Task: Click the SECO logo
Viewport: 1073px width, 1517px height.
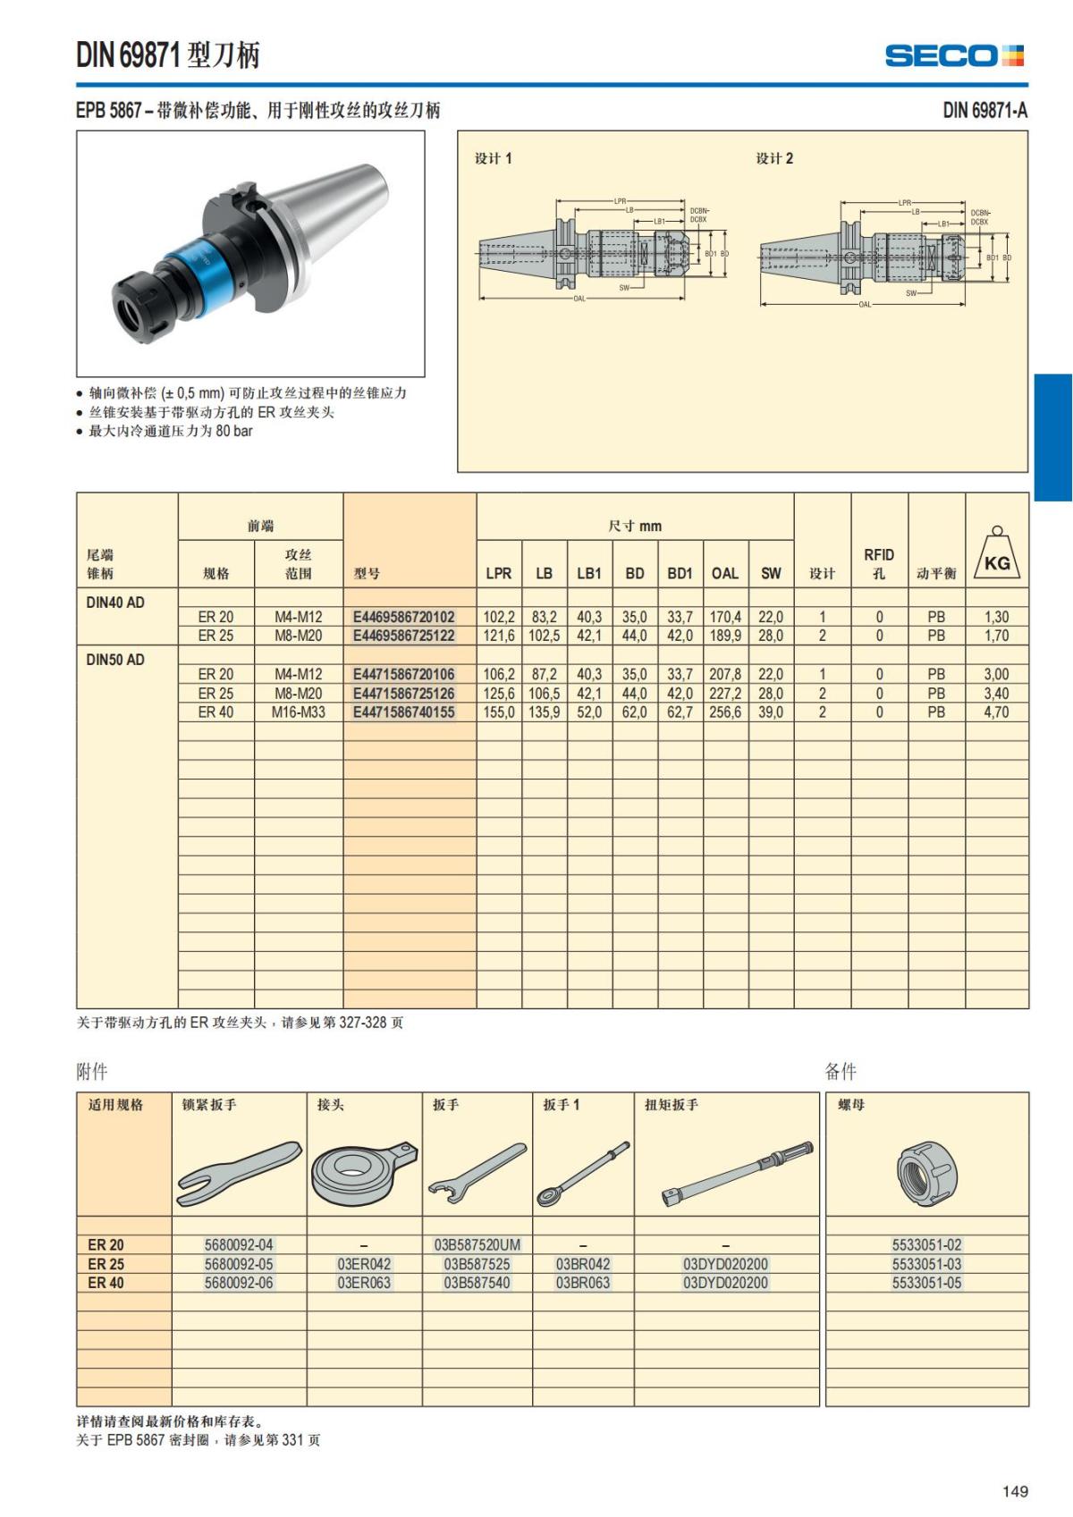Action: click(x=953, y=55)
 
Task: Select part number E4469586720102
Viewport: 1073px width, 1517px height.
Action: click(x=403, y=617)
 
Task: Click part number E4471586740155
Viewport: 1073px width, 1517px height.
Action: click(x=403, y=712)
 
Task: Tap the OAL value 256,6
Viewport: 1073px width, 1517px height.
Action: click(x=725, y=712)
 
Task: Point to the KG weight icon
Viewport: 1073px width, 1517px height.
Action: click(x=997, y=554)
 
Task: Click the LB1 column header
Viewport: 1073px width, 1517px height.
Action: click(x=589, y=573)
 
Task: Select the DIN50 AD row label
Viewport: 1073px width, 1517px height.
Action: click(x=115, y=660)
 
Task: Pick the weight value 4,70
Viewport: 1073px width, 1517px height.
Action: click(x=996, y=712)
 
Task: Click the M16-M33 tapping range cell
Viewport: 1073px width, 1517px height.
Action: click(x=299, y=712)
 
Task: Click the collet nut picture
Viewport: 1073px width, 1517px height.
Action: click(x=927, y=1172)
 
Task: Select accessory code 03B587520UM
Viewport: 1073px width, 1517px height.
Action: click(x=477, y=1244)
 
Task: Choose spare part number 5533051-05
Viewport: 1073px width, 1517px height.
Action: click(x=926, y=1283)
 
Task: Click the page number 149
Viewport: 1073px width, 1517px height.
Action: click(x=1015, y=1491)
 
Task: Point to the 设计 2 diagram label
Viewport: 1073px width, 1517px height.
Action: click(x=774, y=158)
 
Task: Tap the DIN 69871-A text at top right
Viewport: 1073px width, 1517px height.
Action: click(x=984, y=110)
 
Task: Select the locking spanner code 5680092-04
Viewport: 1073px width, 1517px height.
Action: click(x=239, y=1244)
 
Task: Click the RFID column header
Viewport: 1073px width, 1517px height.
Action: click(x=879, y=563)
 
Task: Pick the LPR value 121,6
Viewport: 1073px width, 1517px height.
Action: click(x=499, y=636)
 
